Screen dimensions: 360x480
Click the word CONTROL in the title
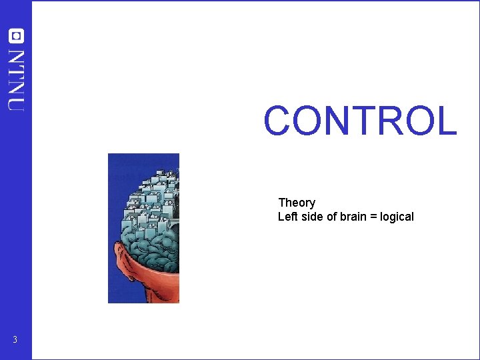[x=360, y=121]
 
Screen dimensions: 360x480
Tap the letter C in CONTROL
[x=279, y=121]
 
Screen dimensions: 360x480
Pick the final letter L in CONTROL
[x=446, y=121]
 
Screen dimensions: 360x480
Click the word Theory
[x=297, y=203]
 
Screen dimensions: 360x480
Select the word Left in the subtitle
[x=287, y=217]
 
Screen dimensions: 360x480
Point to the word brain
[x=354, y=217]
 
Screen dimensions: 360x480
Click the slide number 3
[x=15, y=341]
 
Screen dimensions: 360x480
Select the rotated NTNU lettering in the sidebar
[x=16, y=79]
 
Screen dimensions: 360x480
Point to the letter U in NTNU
[x=16, y=101]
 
